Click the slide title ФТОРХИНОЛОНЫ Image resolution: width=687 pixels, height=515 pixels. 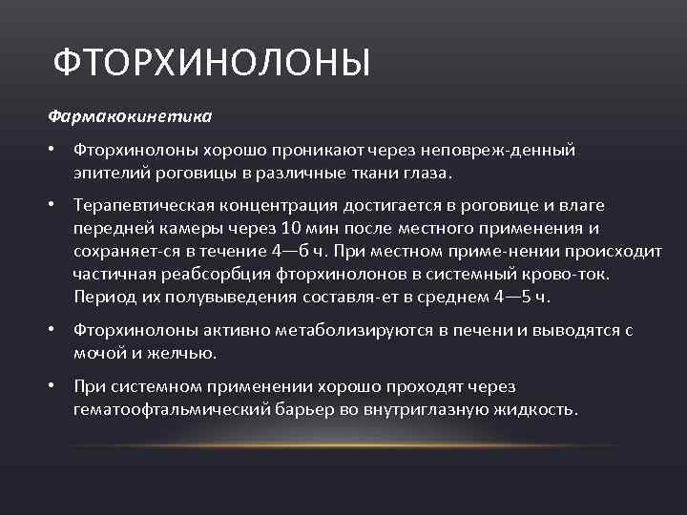point(211,64)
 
